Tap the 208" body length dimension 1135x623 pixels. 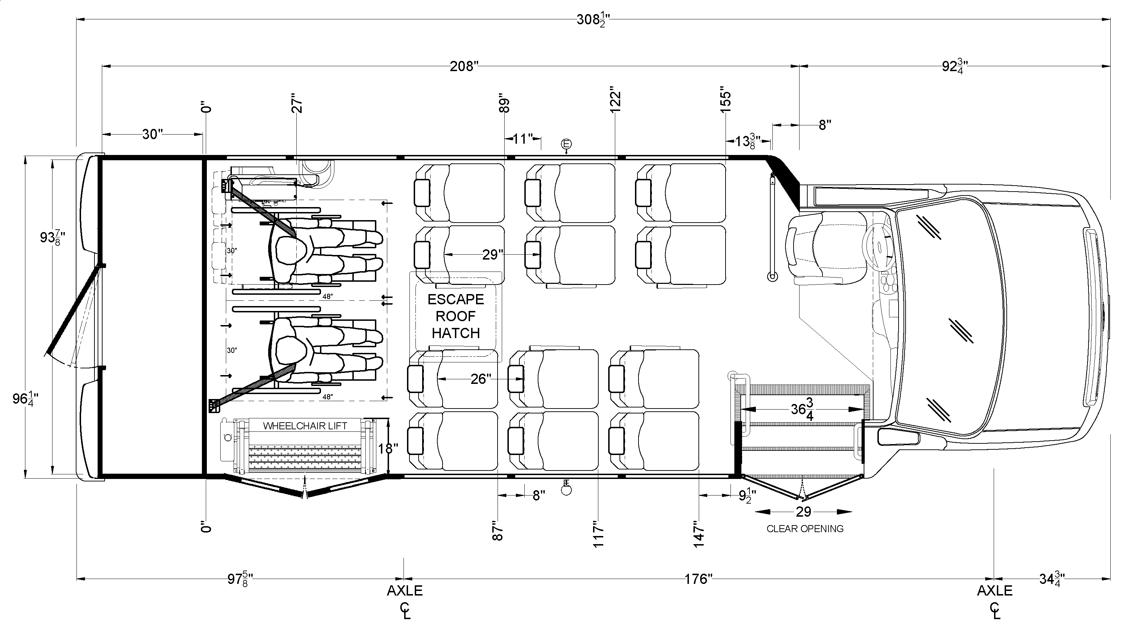[464, 67]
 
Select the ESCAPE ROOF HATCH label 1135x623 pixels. [456, 316]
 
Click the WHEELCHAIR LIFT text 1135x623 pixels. [305, 426]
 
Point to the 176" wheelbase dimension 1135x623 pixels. [698, 579]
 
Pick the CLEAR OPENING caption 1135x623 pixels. [805, 529]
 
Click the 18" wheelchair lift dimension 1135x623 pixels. [388, 449]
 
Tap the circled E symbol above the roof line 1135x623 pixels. [566, 144]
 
